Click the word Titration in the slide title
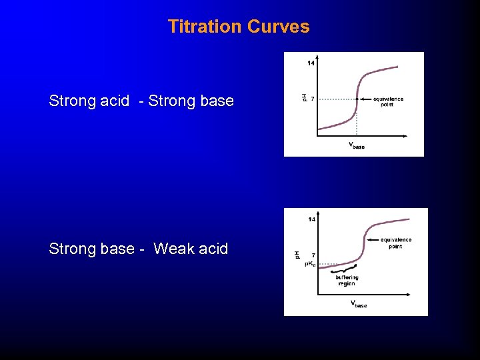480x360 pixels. pos(205,27)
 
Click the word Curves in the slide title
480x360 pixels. pos(279,27)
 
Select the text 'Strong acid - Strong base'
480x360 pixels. pos(141,101)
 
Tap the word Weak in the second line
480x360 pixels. pos(173,249)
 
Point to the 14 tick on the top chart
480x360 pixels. pos(311,63)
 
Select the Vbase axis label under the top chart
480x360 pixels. pos(357,145)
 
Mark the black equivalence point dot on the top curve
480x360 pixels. pos(357,99)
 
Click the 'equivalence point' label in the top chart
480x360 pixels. pos(388,102)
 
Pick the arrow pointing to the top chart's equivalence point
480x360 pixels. pos(366,99)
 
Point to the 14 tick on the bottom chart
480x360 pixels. pos(311,219)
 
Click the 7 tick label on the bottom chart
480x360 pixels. pos(313,255)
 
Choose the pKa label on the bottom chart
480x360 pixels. pos(311,264)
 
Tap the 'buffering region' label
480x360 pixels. pos(347,281)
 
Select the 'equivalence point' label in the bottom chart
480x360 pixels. pos(396,243)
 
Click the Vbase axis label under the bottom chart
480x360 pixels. pos(359,304)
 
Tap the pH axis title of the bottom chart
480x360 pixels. pos(297,255)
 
